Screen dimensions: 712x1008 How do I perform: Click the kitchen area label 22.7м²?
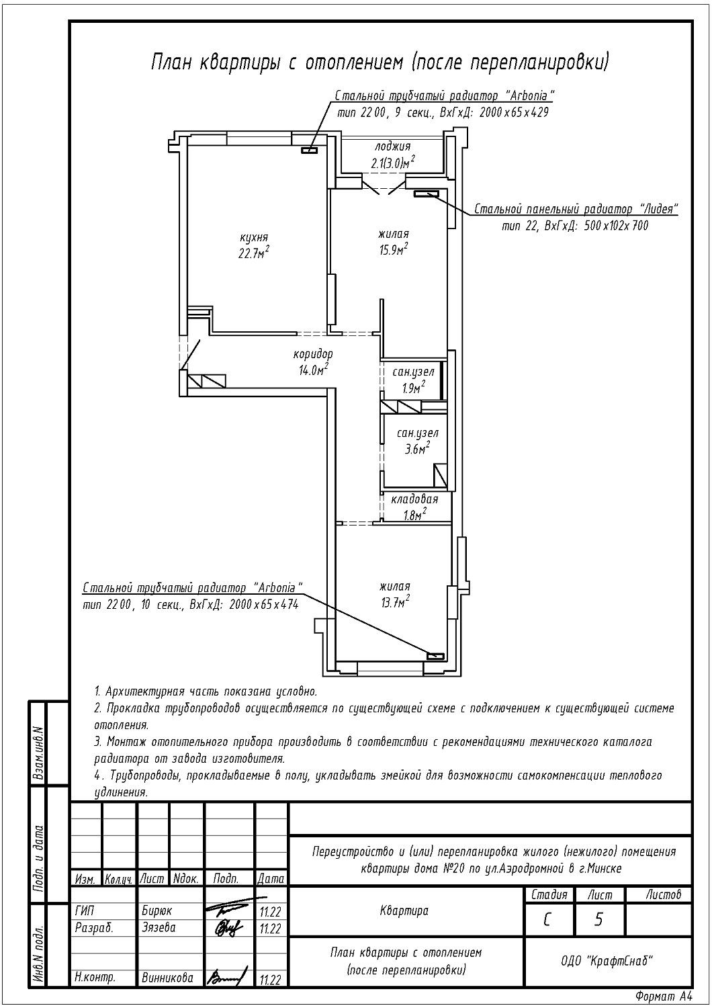tap(254, 253)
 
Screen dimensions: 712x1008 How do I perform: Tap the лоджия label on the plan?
tap(393, 146)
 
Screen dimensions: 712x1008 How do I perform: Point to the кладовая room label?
tap(414, 499)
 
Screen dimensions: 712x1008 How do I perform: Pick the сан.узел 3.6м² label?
tap(417, 441)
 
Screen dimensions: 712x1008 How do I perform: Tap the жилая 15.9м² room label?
tap(394, 242)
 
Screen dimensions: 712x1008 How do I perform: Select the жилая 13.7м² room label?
tap(395, 595)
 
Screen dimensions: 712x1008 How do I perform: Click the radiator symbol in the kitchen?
tap(309, 151)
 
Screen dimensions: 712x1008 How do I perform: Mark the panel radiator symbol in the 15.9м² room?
tap(426, 194)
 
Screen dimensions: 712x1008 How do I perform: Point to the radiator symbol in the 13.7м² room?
tap(435, 656)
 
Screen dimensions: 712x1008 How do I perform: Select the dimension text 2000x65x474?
tap(263, 605)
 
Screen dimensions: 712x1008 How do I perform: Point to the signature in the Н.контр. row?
tap(226, 976)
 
